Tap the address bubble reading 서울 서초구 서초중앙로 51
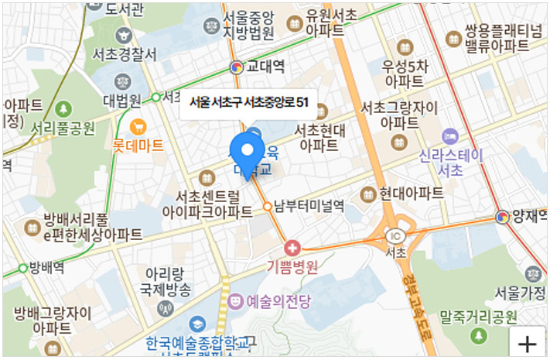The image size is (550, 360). coord(248,102)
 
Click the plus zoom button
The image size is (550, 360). coord(528,343)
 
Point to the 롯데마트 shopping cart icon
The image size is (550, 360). coord(138,125)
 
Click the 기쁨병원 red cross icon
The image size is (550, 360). coord(292,249)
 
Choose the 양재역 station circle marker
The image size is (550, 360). coord(504,218)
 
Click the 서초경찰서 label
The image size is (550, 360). coord(124,55)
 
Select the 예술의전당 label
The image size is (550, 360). coord(278,301)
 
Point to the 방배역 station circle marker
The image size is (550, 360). coord(22,269)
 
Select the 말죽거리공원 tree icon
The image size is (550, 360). coord(479,336)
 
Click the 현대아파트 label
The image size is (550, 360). coord(411,193)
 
